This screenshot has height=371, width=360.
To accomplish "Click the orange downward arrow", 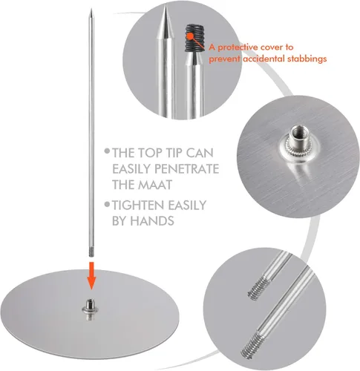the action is pyautogui.click(x=91, y=276).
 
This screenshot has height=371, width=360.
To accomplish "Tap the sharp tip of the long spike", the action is pyautogui.click(x=91, y=9).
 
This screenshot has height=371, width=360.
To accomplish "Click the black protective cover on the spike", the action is pyautogui.click(x=195, y=38).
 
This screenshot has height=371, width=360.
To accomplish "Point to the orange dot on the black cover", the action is pyautogui.click(x=190, y=36).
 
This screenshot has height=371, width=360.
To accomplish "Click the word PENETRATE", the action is pyautogui.click(x=186, y=169).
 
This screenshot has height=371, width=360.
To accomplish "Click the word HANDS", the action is pyautogui.click(x=152, y=220).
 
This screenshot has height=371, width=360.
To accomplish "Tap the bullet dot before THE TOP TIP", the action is pyautogui.click(x=107, y=151).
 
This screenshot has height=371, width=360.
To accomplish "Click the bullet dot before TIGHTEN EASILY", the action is pyautogui.click(x=107, y=204).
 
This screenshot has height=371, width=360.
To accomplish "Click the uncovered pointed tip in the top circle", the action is pyautogui.click(x=166, y=24).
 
